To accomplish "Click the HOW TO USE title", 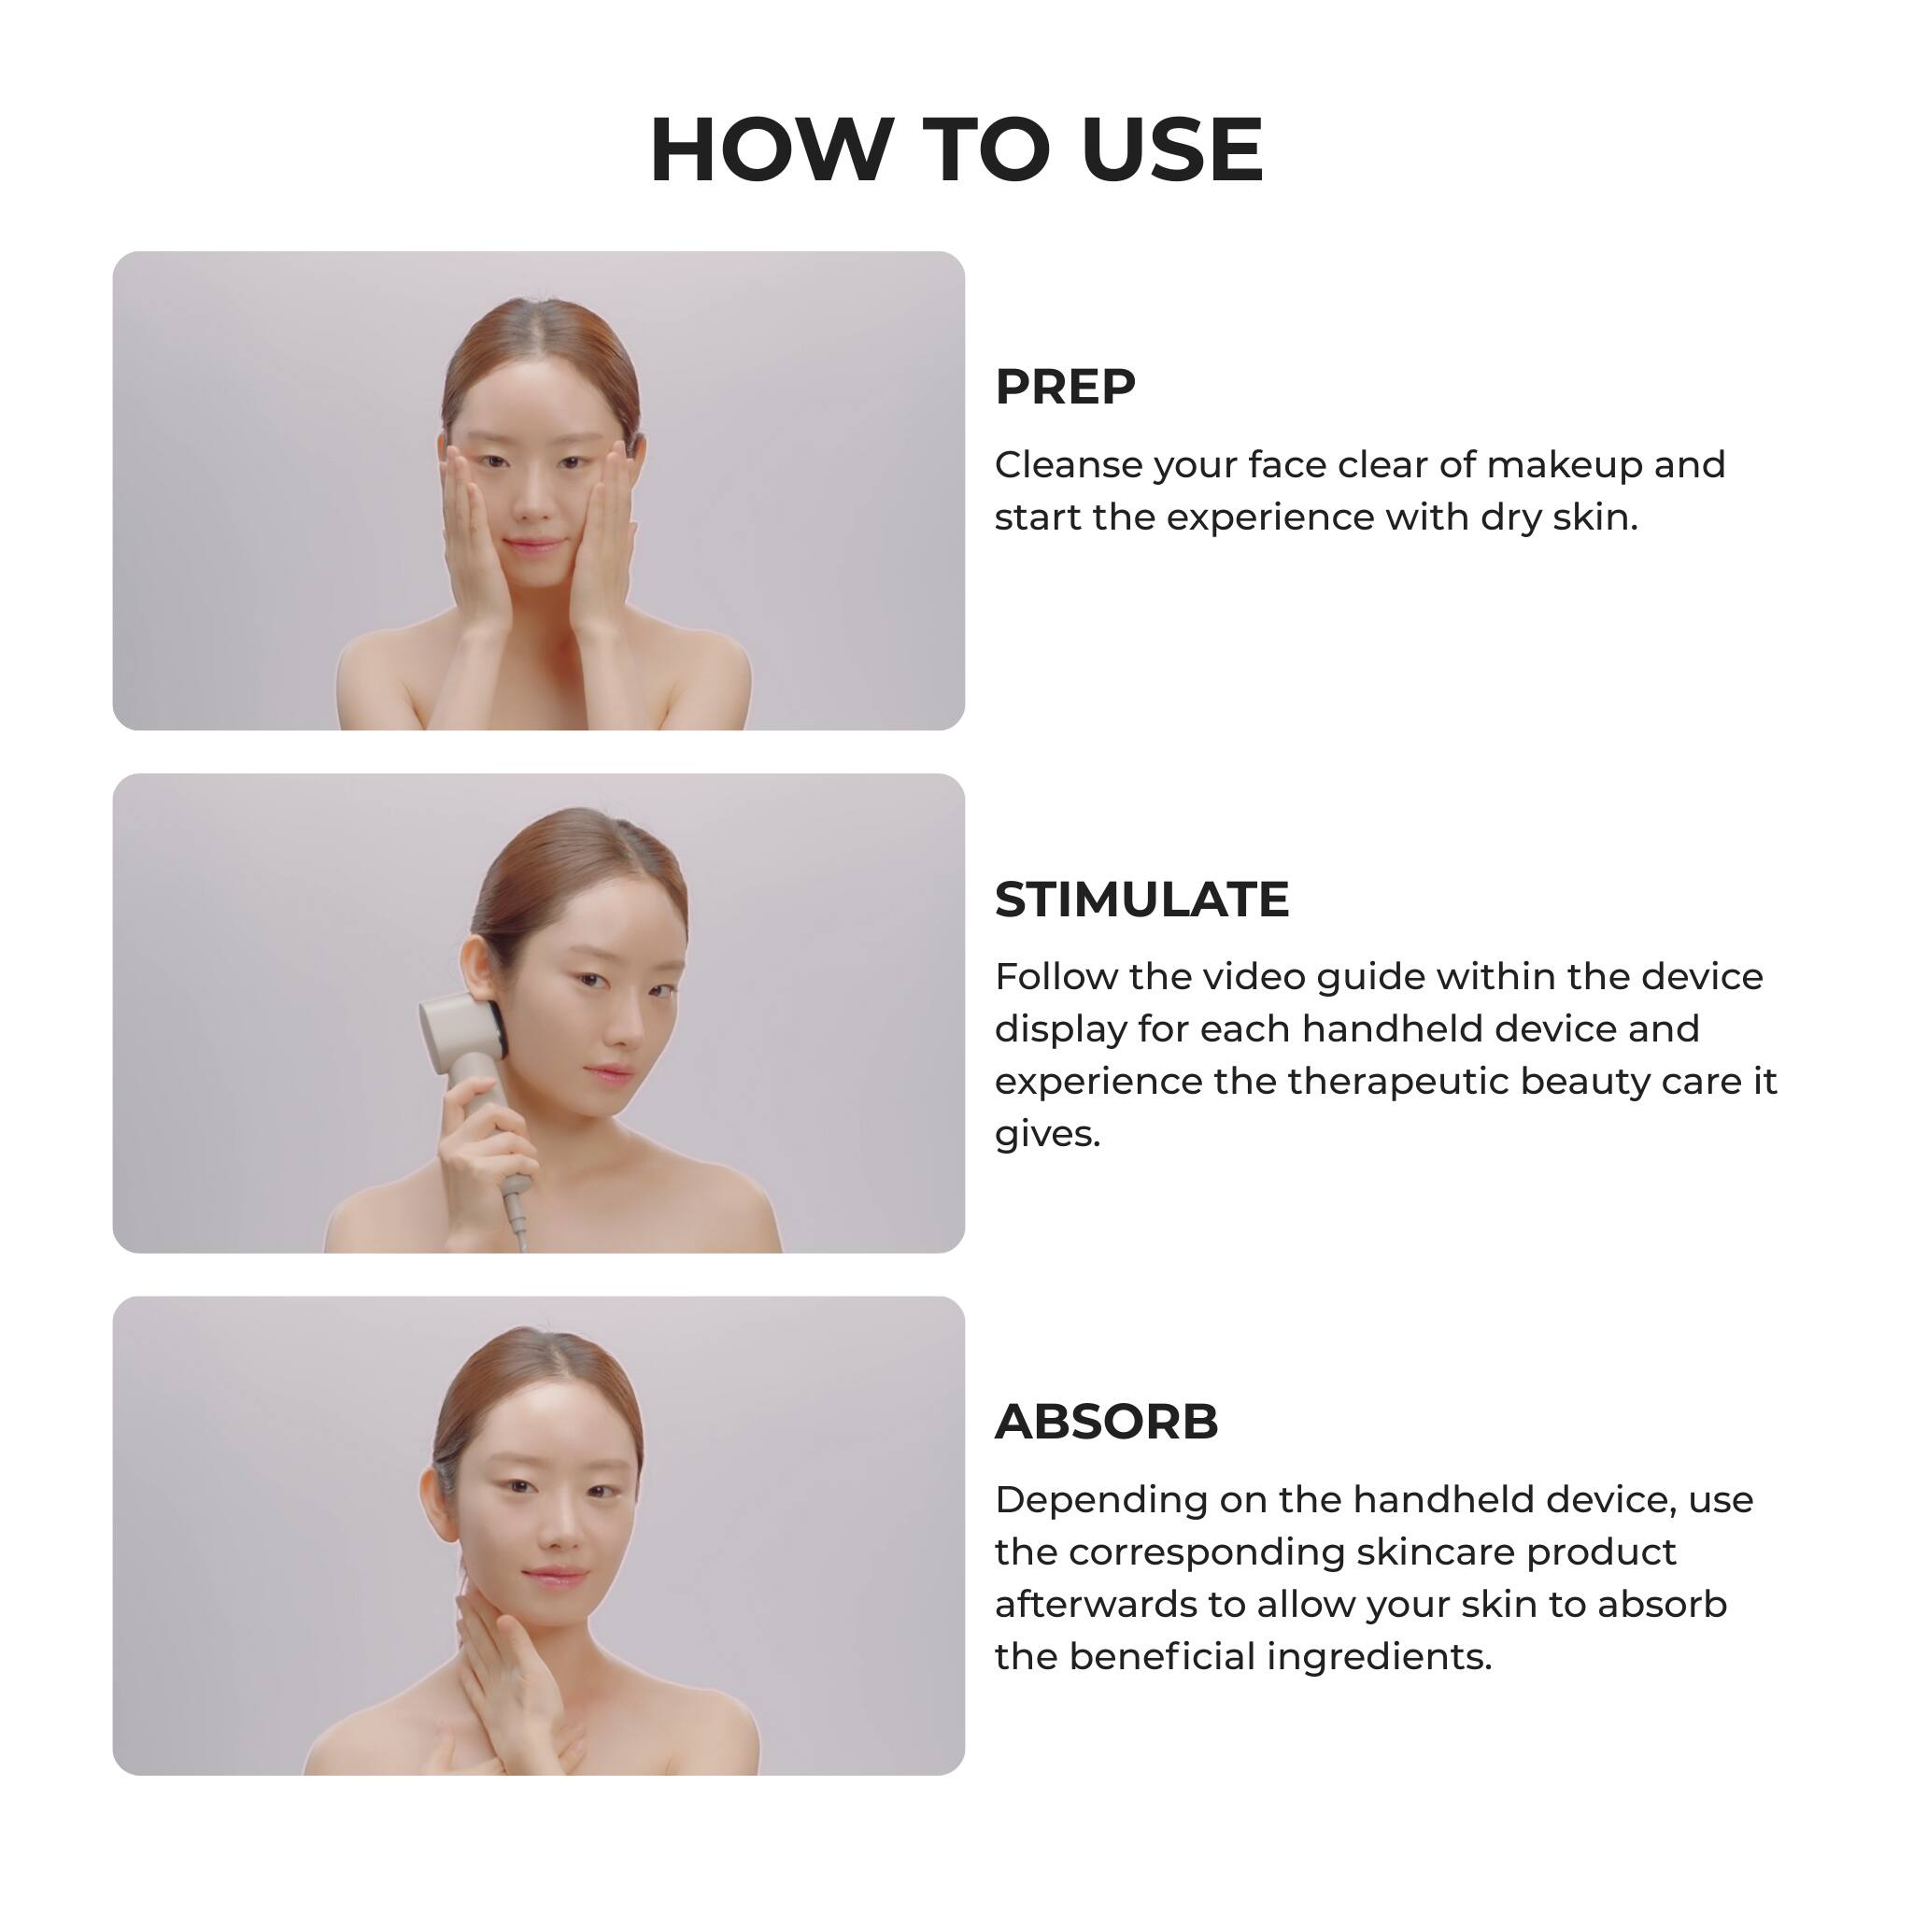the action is point(956,149).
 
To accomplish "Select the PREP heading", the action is point(1066,386).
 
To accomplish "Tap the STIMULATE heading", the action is point(1141,900).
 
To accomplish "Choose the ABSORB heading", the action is point(1106,1422).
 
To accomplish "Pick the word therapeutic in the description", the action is point(1396,1083).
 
